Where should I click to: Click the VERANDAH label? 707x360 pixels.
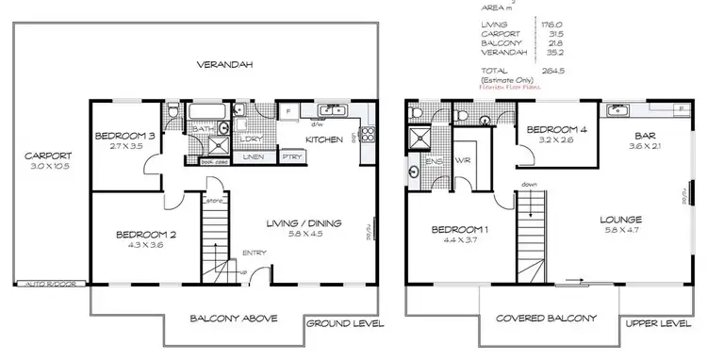[x=223, y=65]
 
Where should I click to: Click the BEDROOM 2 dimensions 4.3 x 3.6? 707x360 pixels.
[x=145, y=246]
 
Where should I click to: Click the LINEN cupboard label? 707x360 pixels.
[x=254, y=157]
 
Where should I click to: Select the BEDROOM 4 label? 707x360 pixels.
[x=556, y=129]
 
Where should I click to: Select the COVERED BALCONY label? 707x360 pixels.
[x=547, y=319]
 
